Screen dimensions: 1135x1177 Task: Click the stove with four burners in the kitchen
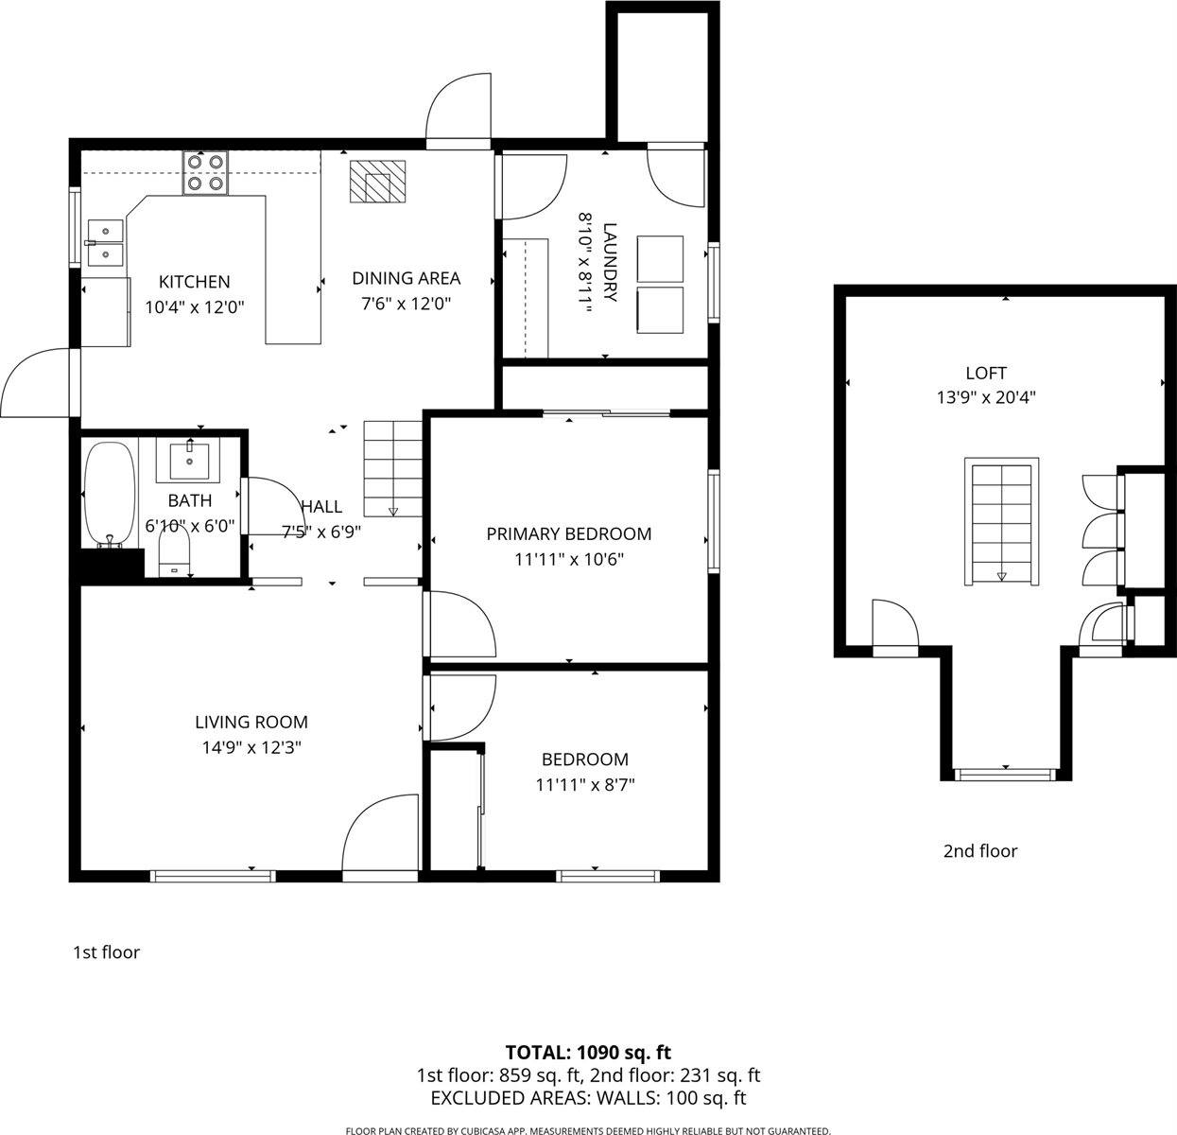pyautogui.click(x=206, y=173)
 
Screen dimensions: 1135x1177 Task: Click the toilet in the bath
pyautogui.click(x=174, y=553)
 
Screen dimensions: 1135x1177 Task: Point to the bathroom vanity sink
pyautogui.click(x=194, y=460)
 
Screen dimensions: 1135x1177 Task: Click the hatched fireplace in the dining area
pyautogui.click(x=377, y=182)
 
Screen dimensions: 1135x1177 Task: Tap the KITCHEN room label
pyautogui.click(x=194, y=282)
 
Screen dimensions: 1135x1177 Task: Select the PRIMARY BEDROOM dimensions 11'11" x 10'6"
pyautogui.click(x=568, y=559)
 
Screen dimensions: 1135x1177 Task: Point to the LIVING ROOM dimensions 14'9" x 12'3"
pyautogui.click(x=251, y=747)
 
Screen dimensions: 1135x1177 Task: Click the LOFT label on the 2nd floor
pyautogui.click(x=985, y=373)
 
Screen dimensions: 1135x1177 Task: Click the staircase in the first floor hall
pyautogui.click(x=393, y=468)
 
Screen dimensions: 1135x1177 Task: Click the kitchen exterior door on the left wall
pyautogui.click(x=38, y=383)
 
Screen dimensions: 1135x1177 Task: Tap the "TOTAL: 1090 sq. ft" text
pyautogui.click(x=588, y=1052)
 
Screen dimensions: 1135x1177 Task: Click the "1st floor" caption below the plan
pyautogui.click(x=106, y=952)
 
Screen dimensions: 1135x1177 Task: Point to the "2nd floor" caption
pyautogui.click(x=979, y=851)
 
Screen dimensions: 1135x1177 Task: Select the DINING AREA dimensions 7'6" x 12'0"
pyautogui.click(x=406, y=304)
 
